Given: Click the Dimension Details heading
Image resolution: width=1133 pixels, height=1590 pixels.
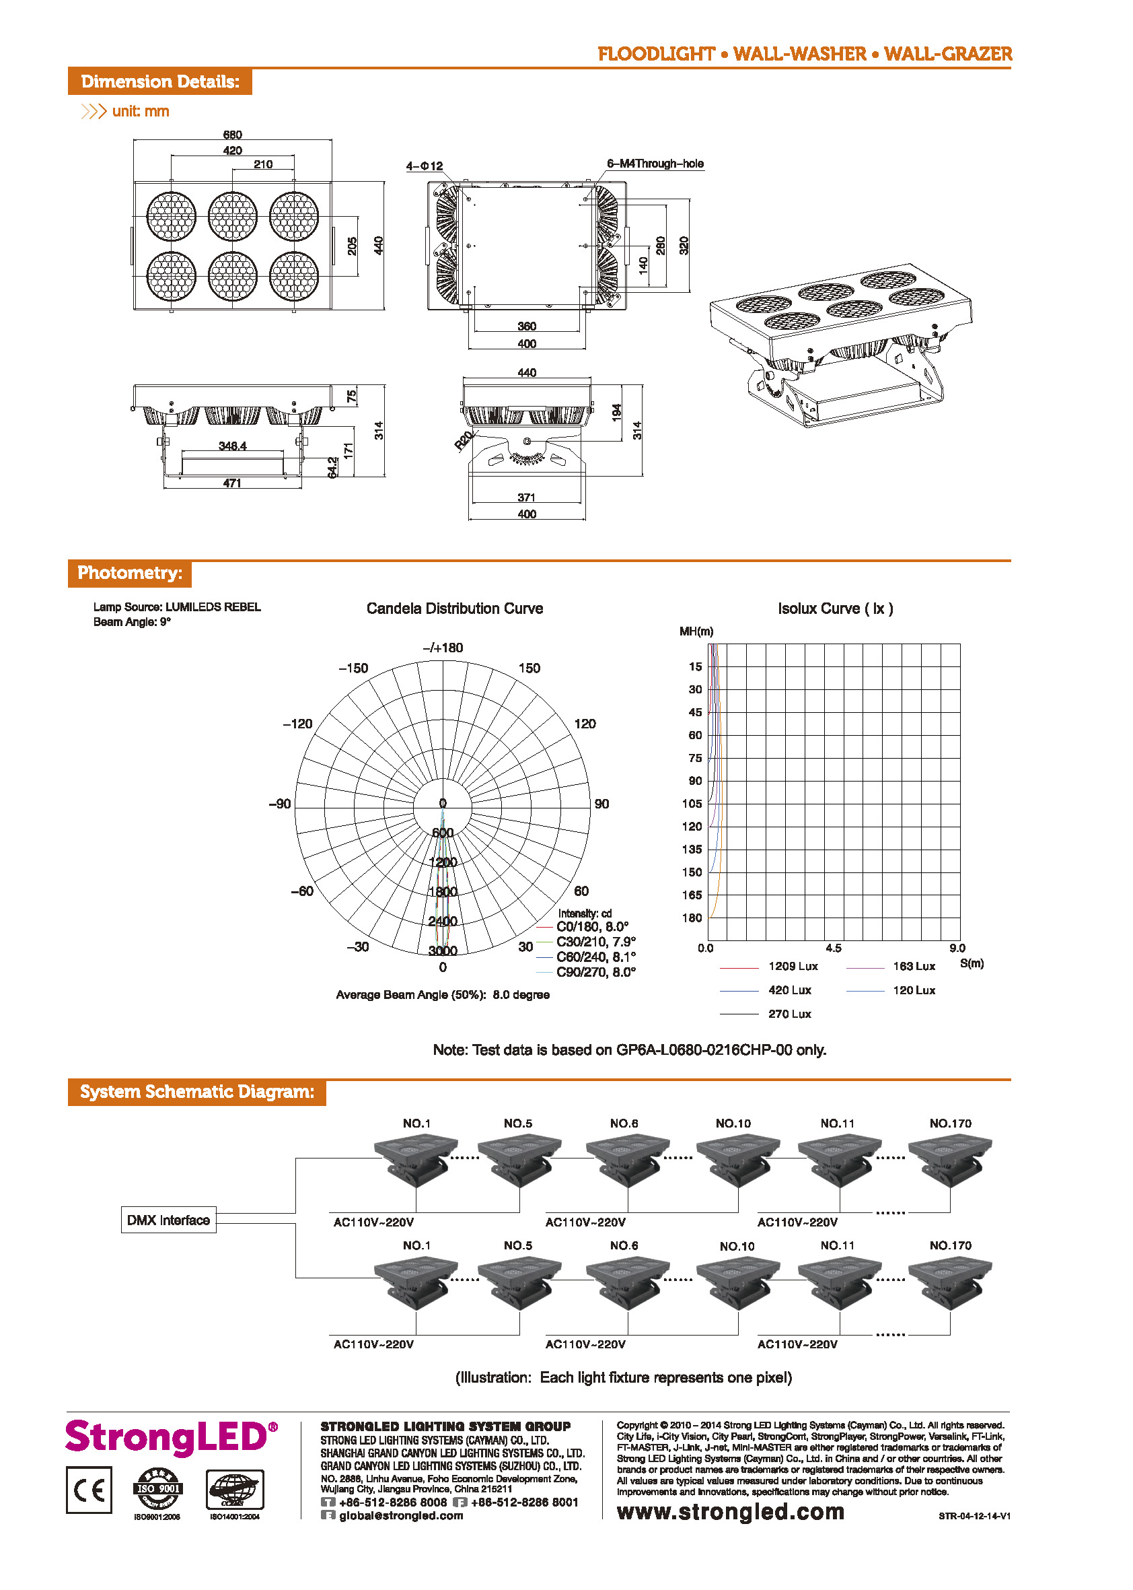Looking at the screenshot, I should (x=159, y=81).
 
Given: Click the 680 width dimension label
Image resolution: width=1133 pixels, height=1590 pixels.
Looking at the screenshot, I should (x=232, y=135).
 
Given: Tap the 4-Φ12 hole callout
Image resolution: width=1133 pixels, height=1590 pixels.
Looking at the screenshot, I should (x=424, y=166).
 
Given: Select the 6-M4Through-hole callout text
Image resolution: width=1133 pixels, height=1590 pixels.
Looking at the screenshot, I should (x=655, y=164).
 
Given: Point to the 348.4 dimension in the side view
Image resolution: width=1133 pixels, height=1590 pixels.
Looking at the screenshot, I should (x=232, y=446).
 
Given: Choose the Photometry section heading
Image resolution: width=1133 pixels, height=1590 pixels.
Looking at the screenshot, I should (x=130, y=573).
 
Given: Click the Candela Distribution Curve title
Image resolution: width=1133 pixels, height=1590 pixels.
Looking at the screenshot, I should (x=454, y=609).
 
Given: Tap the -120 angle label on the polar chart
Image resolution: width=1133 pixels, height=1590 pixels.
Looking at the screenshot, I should (x=297, y=724).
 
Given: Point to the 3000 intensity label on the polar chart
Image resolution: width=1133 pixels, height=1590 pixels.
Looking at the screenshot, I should (x=442, y=950).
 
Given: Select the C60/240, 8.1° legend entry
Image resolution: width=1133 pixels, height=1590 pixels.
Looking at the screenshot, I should (x=595, y=957).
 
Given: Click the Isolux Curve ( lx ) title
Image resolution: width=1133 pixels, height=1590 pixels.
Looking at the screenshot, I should (x=835, y=609).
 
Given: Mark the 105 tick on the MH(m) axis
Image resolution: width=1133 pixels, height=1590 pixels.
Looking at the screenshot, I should (x=692, y=803).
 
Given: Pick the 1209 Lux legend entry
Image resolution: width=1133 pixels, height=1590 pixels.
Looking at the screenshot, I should (x=793, y=966).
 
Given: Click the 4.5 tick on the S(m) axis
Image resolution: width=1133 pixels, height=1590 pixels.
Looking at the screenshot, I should (x=833, y=948).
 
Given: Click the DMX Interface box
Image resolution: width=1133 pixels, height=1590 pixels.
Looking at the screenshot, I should (x=168, y=1220).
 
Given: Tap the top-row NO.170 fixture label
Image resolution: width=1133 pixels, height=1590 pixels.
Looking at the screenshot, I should (x=949, y=1123).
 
